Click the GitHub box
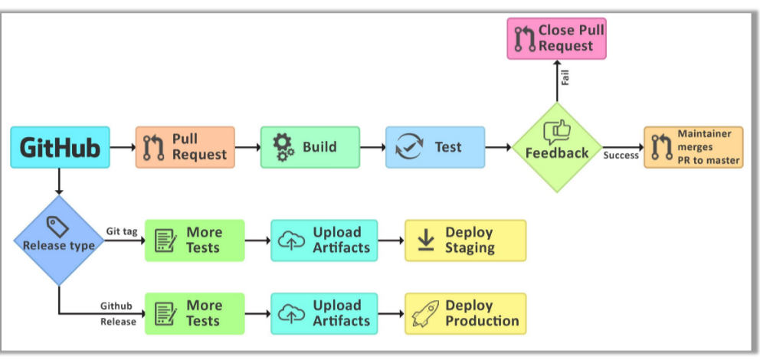click(x=60, y=147)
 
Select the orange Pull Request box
click(x=185, y=147)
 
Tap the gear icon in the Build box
click(x=283, y=147)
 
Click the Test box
click(x=435, y=147)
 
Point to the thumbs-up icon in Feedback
click(x=557, y=132)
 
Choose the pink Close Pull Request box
click(x=556, y=39)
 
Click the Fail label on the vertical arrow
click(x=565, y=77)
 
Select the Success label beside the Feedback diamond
click(x=621, y=155)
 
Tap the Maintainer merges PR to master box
click(x=693, y=147)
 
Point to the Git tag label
click(x=122, y=231)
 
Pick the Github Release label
click(x=118, y=313)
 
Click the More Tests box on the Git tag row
click(x=195, y=241)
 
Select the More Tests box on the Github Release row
click(x=195, y=313)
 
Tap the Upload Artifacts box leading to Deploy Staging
click(x=324, y=241)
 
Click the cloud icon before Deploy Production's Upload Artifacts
click(x=291, y=313)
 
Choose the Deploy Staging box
click(x=465, y=241)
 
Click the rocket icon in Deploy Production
click(x=426, y=313)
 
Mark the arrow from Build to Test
click(x=372, y=146)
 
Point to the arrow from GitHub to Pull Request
click(x=123, y=146)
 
